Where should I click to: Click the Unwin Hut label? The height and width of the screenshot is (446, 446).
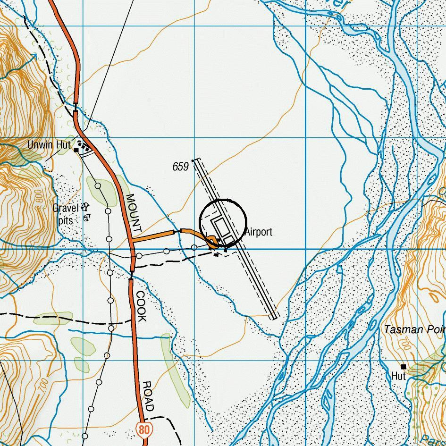(x=49, y=145)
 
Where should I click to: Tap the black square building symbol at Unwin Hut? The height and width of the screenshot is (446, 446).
(x=76, y=150)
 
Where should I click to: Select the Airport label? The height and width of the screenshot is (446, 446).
(x=259, y=232)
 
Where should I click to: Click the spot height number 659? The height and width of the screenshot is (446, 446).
(x=181, y=167)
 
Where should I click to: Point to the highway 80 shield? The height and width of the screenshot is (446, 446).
(x=144, y=429)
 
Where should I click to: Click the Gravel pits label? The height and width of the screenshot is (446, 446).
(x=65, y=214)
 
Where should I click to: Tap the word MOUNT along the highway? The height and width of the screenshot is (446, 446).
(x=134, y=215)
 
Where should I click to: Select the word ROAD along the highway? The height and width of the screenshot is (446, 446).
(x=148, y=396)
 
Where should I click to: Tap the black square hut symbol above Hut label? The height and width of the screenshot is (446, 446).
(x=404, y=366)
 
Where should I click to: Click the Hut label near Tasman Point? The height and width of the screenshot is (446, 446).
(x=399, y=376)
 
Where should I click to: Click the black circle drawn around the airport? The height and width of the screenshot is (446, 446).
(x=223, y=200)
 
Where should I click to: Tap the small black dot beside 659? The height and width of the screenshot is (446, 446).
(x=193, y=161)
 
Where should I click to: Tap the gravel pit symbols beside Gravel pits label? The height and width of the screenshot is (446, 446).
(x=86, y=212)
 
